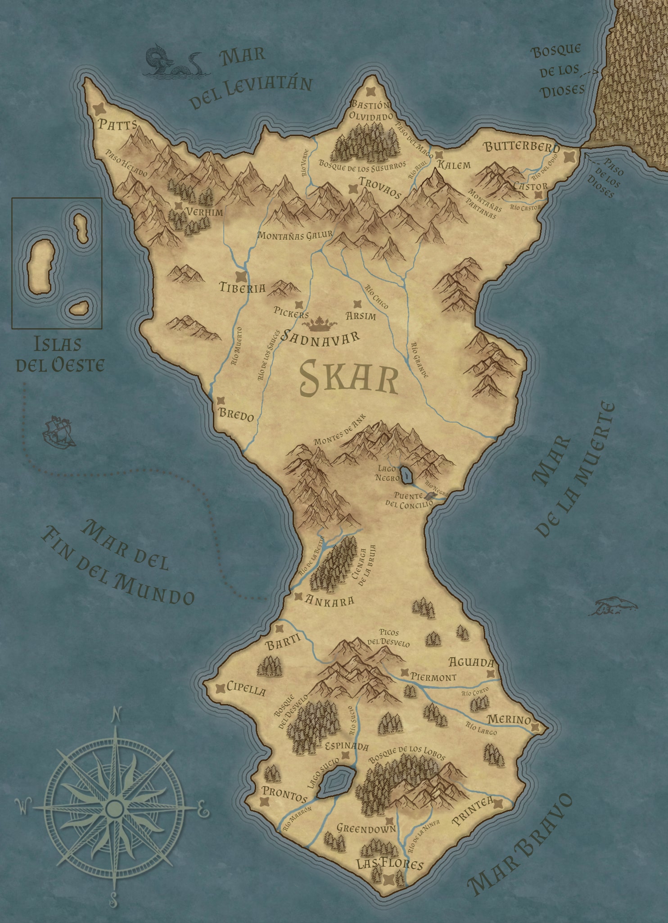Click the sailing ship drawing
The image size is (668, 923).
coord(59,432)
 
